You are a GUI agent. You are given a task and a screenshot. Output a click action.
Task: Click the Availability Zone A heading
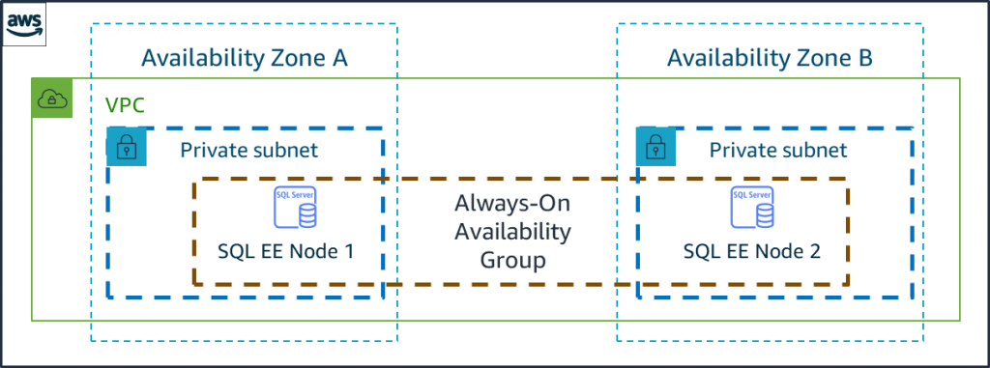point(244,59)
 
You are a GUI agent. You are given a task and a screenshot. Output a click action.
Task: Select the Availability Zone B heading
point(770,59)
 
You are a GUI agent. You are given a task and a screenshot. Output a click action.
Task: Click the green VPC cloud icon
point(48,99)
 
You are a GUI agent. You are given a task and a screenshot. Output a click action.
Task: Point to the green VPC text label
point(125,105)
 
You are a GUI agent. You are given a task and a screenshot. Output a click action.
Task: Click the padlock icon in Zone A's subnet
point(126,147)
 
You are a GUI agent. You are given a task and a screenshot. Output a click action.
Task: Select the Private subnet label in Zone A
point(248,151)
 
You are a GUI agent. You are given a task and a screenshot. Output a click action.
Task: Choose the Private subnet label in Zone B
point(778,151)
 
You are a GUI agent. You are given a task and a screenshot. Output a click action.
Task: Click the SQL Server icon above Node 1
point(294,208)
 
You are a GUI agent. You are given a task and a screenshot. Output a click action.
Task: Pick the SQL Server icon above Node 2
point(752,208)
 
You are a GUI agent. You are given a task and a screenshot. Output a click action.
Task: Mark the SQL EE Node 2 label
point(752,252)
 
